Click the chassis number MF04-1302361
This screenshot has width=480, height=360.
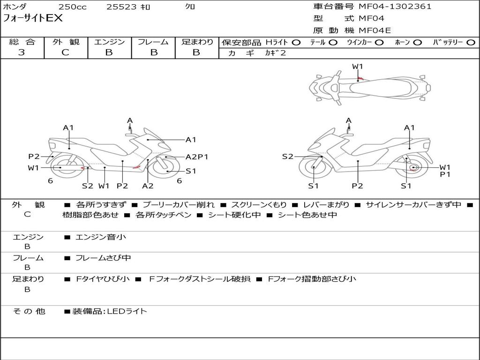tap(395, 7)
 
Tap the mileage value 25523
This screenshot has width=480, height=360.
tap(121, 7)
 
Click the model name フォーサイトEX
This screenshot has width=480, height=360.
tap(32, 19)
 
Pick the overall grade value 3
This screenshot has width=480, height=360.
tap(22, 52)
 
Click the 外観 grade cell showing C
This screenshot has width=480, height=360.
tap(66, 52)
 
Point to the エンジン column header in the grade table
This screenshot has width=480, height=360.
tap(109, 42)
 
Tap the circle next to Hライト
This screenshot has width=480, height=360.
tap(296, 43)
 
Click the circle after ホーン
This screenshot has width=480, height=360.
tap(417, 43)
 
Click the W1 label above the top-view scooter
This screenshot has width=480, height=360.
tap(358, 67)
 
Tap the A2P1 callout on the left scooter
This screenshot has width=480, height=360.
tap(197, 157)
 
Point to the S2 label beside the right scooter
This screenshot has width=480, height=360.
tap(288, 157)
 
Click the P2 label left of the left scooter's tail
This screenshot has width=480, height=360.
tap(34, 157)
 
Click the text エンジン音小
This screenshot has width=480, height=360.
tap(100, 237)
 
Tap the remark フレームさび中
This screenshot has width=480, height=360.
tap(103, 258)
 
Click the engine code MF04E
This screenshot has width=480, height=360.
tap(375, 30)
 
